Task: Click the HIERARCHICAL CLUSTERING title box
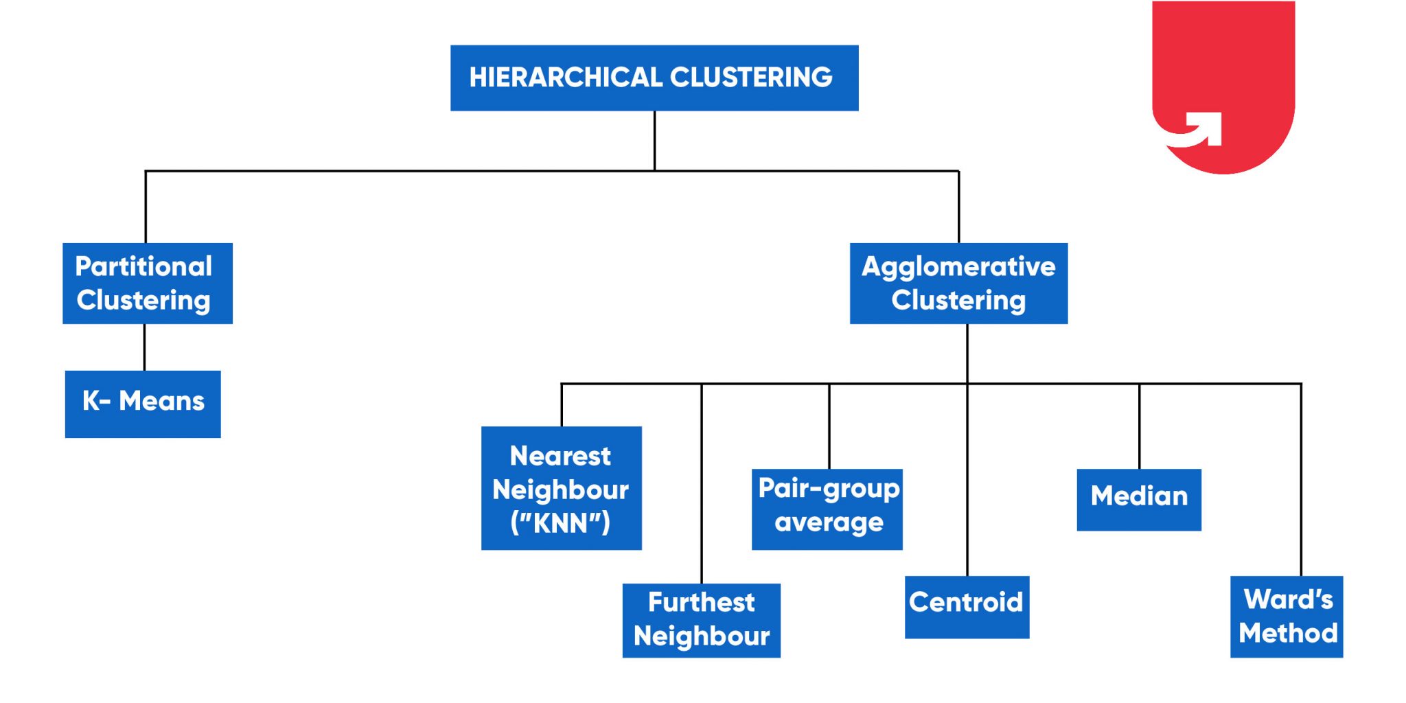pyautogui.click(x=654, y=78)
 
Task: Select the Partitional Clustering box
pyautogui.click(x=147, y=283)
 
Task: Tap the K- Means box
pyautogui.click(x=143, y=404)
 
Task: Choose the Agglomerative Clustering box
pyautogui.click(x=958, y=283)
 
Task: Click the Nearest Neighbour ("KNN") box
pyautogui.click(x=561, y=487)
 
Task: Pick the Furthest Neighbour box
pyautogui.click(x=701, y=620)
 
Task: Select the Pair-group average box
pyautogui.click(x=827, y=509)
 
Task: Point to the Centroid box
pyautogui.click(x=967, y=607)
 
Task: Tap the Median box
pyautogui.click(x=1139, y=499)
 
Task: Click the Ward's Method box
pyautogui.click(x=1287, y=616)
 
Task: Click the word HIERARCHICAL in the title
pyautogui.click(x=565, y=78)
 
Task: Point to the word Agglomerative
pyautogui.click(x=958, y=267)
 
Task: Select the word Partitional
pyautogui.click(x=143, y=266)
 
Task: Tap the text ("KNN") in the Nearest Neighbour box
pyautogui.click(x=560, y=523)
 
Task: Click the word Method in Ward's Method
pyautogui.click(x=1288, y=633)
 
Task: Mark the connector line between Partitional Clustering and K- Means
pyautogui.click(x=144, y=347)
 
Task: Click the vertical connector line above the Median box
pyautogui.click(x=1139, y=426)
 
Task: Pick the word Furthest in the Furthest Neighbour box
pyautogui.click(x=701, y=602)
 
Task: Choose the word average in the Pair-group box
pyautogui.click(x=829, y=523)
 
